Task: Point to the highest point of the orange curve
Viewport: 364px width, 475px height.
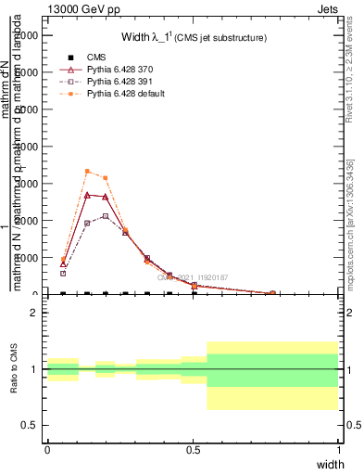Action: point(87,172)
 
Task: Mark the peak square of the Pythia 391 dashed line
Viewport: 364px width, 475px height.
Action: point(106,216)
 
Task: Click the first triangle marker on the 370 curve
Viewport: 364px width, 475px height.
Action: point(63,263)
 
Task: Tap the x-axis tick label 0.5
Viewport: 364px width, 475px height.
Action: point(193,450)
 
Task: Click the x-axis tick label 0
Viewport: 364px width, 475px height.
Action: point(47,450)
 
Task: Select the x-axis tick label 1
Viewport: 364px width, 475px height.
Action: point(338,450)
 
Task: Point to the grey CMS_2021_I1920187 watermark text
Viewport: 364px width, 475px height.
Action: point(193,276)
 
